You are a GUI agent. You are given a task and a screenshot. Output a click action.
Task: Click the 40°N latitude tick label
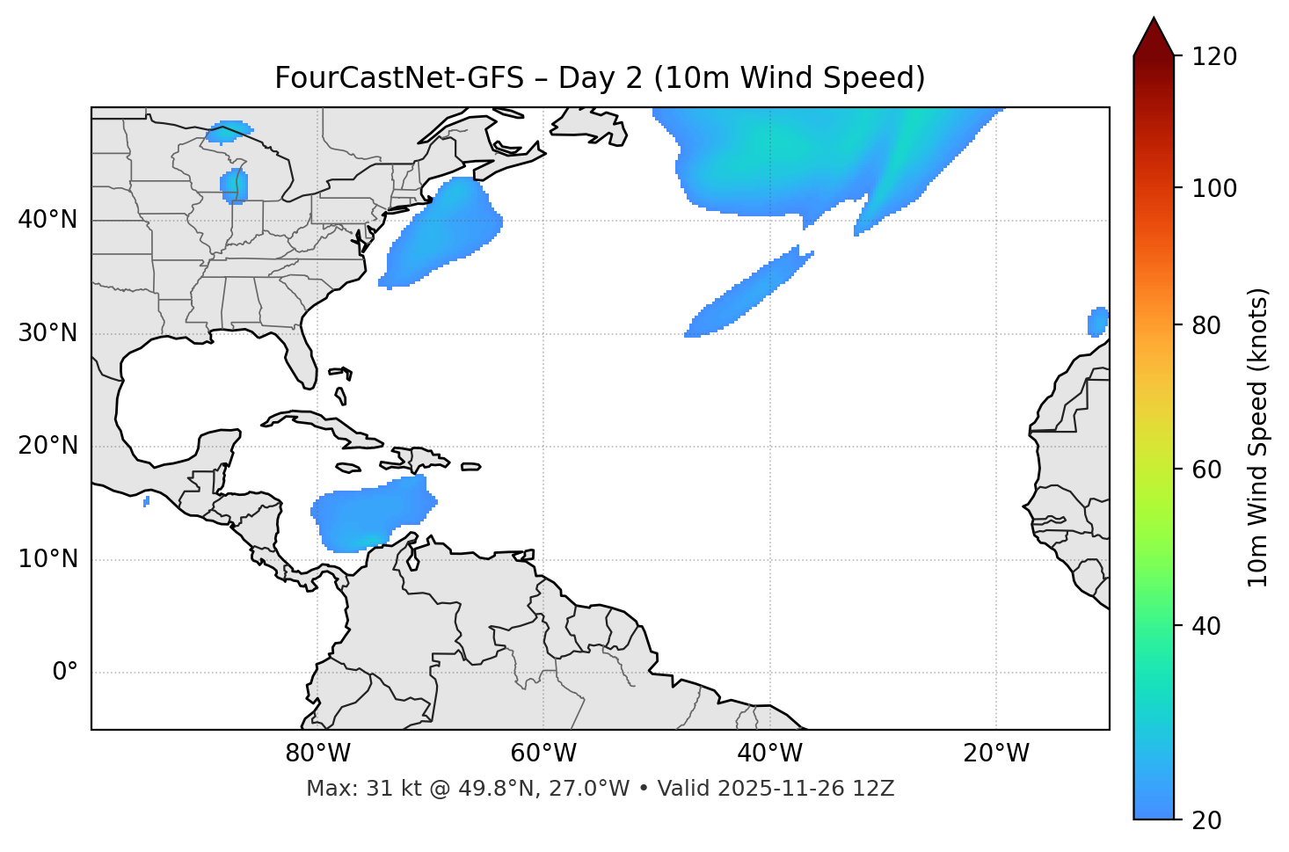point(47,220)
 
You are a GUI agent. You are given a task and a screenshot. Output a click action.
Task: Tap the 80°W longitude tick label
point(317,754)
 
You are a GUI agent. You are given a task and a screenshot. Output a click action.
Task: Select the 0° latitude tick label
point(64,673)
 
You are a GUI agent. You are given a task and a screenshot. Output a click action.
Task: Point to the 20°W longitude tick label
point(996,754)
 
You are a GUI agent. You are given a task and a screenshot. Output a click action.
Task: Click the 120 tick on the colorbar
point(1215,57)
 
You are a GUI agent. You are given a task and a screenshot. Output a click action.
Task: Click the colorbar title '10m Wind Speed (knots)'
point(1258,437)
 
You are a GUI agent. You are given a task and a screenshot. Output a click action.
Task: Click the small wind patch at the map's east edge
point(1097,322)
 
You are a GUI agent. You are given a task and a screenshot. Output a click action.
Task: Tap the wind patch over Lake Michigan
point(234,186)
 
